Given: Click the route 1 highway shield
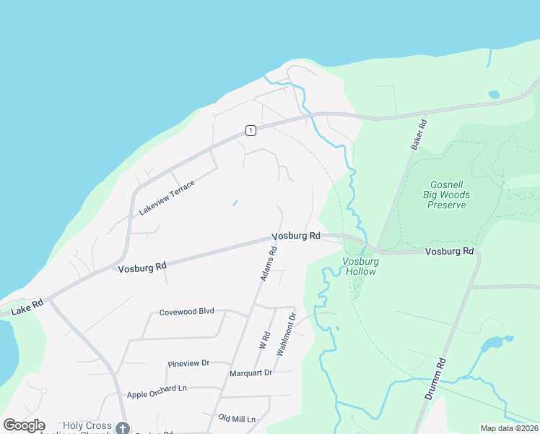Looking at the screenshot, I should (x=250, y=130).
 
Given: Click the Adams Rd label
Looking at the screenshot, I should (x=268, y=265).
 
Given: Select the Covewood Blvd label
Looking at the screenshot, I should (x=187, y=311).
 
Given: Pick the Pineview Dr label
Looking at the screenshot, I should (x=188, y=363).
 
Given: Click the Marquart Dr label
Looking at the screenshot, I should (x=251, y=373).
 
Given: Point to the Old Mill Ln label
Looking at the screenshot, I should (x=238, y=419).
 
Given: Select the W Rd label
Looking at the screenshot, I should (x=264, y=340).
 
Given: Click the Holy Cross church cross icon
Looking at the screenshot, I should (x=123, y=428).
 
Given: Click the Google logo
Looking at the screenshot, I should (x=24, y=425).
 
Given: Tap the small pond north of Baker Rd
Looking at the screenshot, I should (x=495, y=94).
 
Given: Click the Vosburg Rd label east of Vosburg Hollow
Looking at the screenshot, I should (x=449, y=252).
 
